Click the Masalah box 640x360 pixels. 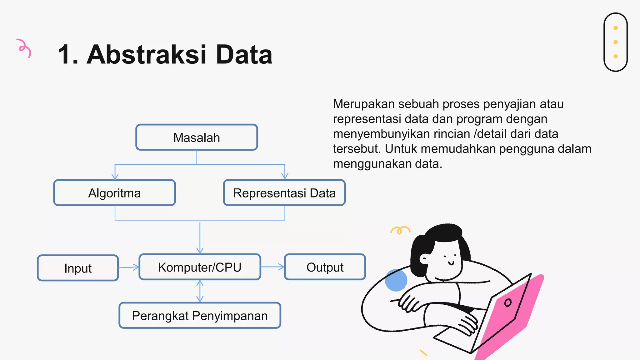pos(197,137)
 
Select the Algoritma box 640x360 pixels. pos(114,193)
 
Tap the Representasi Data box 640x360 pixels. pos(284,193)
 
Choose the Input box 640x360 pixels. pos(78,268)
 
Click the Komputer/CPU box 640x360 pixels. pos(200,267)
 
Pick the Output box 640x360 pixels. pos(325,267)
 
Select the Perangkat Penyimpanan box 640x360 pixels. pos(200,316)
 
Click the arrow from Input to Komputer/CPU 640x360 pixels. pos(129,267)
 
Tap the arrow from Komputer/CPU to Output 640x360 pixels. pos(272,267)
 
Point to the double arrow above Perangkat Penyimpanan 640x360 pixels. pos(200,291)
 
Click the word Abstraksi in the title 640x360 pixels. pos(146,55)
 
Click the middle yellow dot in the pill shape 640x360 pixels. pos(616,42)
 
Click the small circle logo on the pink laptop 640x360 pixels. pos(508,302)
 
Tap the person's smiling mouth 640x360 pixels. pos(451,263)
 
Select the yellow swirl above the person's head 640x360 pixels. pos(400,230)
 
